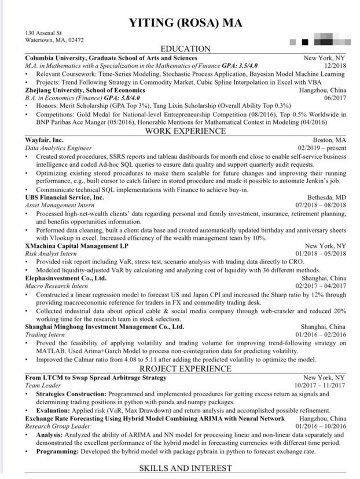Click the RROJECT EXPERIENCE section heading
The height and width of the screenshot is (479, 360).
[x=185, y=368]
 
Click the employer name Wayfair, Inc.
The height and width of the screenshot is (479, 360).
[x=45, y=140]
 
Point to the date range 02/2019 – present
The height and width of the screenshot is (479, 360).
[x=321, y=148]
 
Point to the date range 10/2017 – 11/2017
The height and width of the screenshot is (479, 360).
[x=319, y=385]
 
